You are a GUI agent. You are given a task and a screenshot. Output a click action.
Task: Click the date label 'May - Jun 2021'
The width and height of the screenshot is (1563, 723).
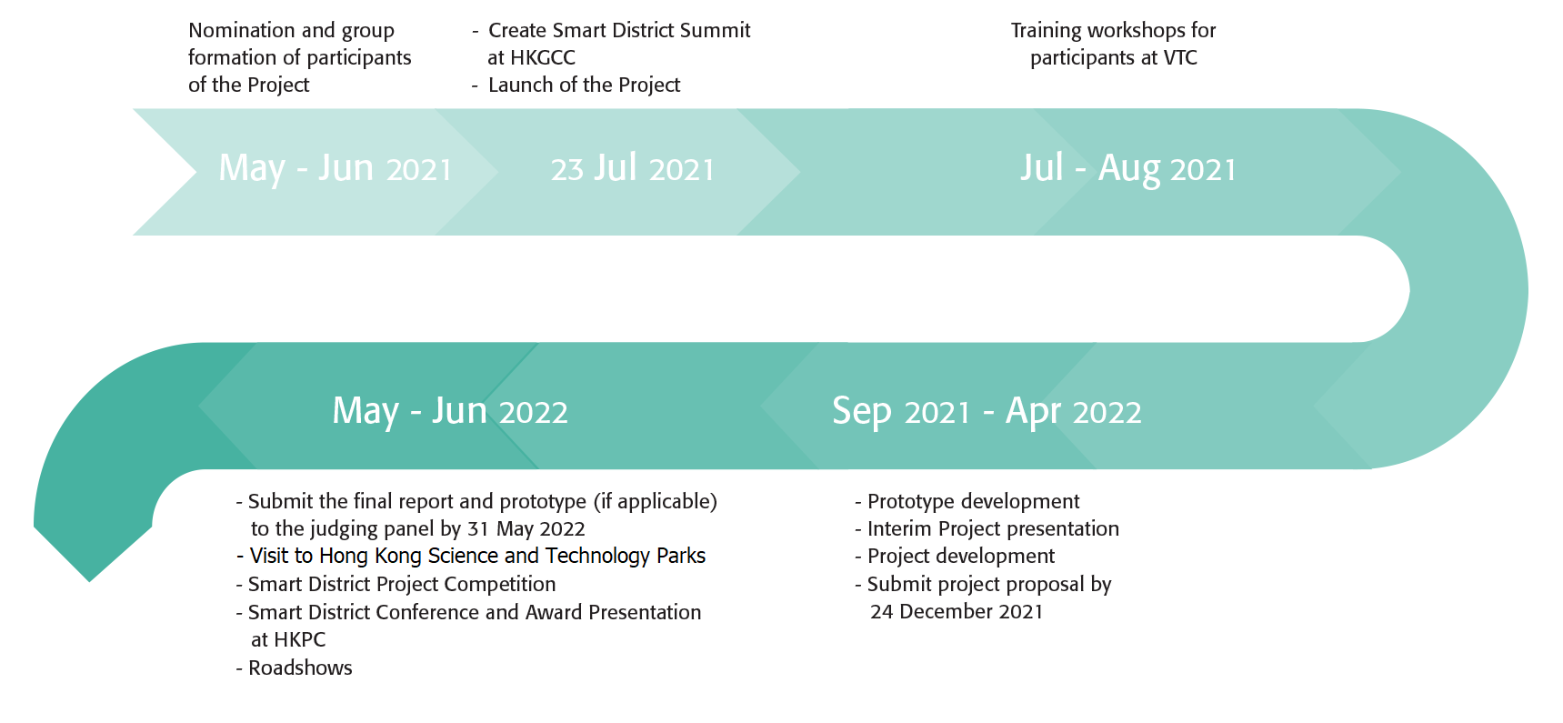(x=336, y=169)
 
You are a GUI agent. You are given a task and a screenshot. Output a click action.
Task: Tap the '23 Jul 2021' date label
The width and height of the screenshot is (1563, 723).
(x=633, y=169)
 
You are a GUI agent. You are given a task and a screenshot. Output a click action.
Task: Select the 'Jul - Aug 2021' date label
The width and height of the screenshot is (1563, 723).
(x=1128, y=169)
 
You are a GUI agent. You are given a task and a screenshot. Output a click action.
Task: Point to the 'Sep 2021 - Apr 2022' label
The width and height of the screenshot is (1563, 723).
(x=987, y=412)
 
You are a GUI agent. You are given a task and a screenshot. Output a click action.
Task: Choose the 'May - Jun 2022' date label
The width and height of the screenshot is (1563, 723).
(x=450, y=412)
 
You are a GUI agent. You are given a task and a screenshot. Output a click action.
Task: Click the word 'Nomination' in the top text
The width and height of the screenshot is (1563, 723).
(x=242, y=30)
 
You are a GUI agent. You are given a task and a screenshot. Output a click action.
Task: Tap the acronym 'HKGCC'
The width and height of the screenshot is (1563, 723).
(x=544, y=57)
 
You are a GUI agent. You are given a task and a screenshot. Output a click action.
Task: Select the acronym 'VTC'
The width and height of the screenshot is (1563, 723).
(x=1180, y=57)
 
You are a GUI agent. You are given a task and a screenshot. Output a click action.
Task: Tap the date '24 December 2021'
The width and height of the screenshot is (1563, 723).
(x=957, y=611)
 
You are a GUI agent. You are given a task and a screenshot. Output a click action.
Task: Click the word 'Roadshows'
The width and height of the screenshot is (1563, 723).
(x=300, y=668)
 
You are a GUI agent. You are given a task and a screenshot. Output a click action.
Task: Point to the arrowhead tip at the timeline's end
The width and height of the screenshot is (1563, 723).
(x=90, y=580)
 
